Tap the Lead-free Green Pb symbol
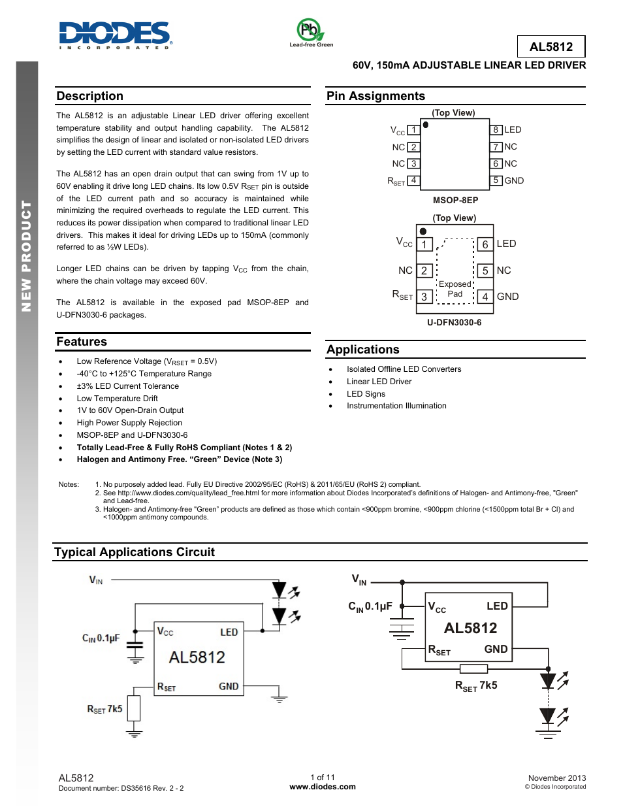click(310, 31)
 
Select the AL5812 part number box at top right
click(551, 46)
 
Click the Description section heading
click(90, 96)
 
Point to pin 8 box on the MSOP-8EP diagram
click(496, 129)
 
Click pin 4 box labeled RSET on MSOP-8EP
click(413, 180)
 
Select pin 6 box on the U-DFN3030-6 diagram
click(485, 244)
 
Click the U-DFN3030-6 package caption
click(454, 322)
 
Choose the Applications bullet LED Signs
click(366, 394)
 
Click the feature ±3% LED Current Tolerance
click(127, 386)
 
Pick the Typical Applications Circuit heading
click(135, 552)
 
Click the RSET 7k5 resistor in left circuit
click(134, 708)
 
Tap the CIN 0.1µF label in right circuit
click(370, 606)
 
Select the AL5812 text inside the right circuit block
click(470, 628)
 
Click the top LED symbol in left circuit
click(280, 591)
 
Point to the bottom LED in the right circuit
click(548, 717)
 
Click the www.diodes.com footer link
click(323, 787)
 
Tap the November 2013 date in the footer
click(556, 778)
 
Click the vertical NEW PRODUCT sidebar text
click(27, 255)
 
